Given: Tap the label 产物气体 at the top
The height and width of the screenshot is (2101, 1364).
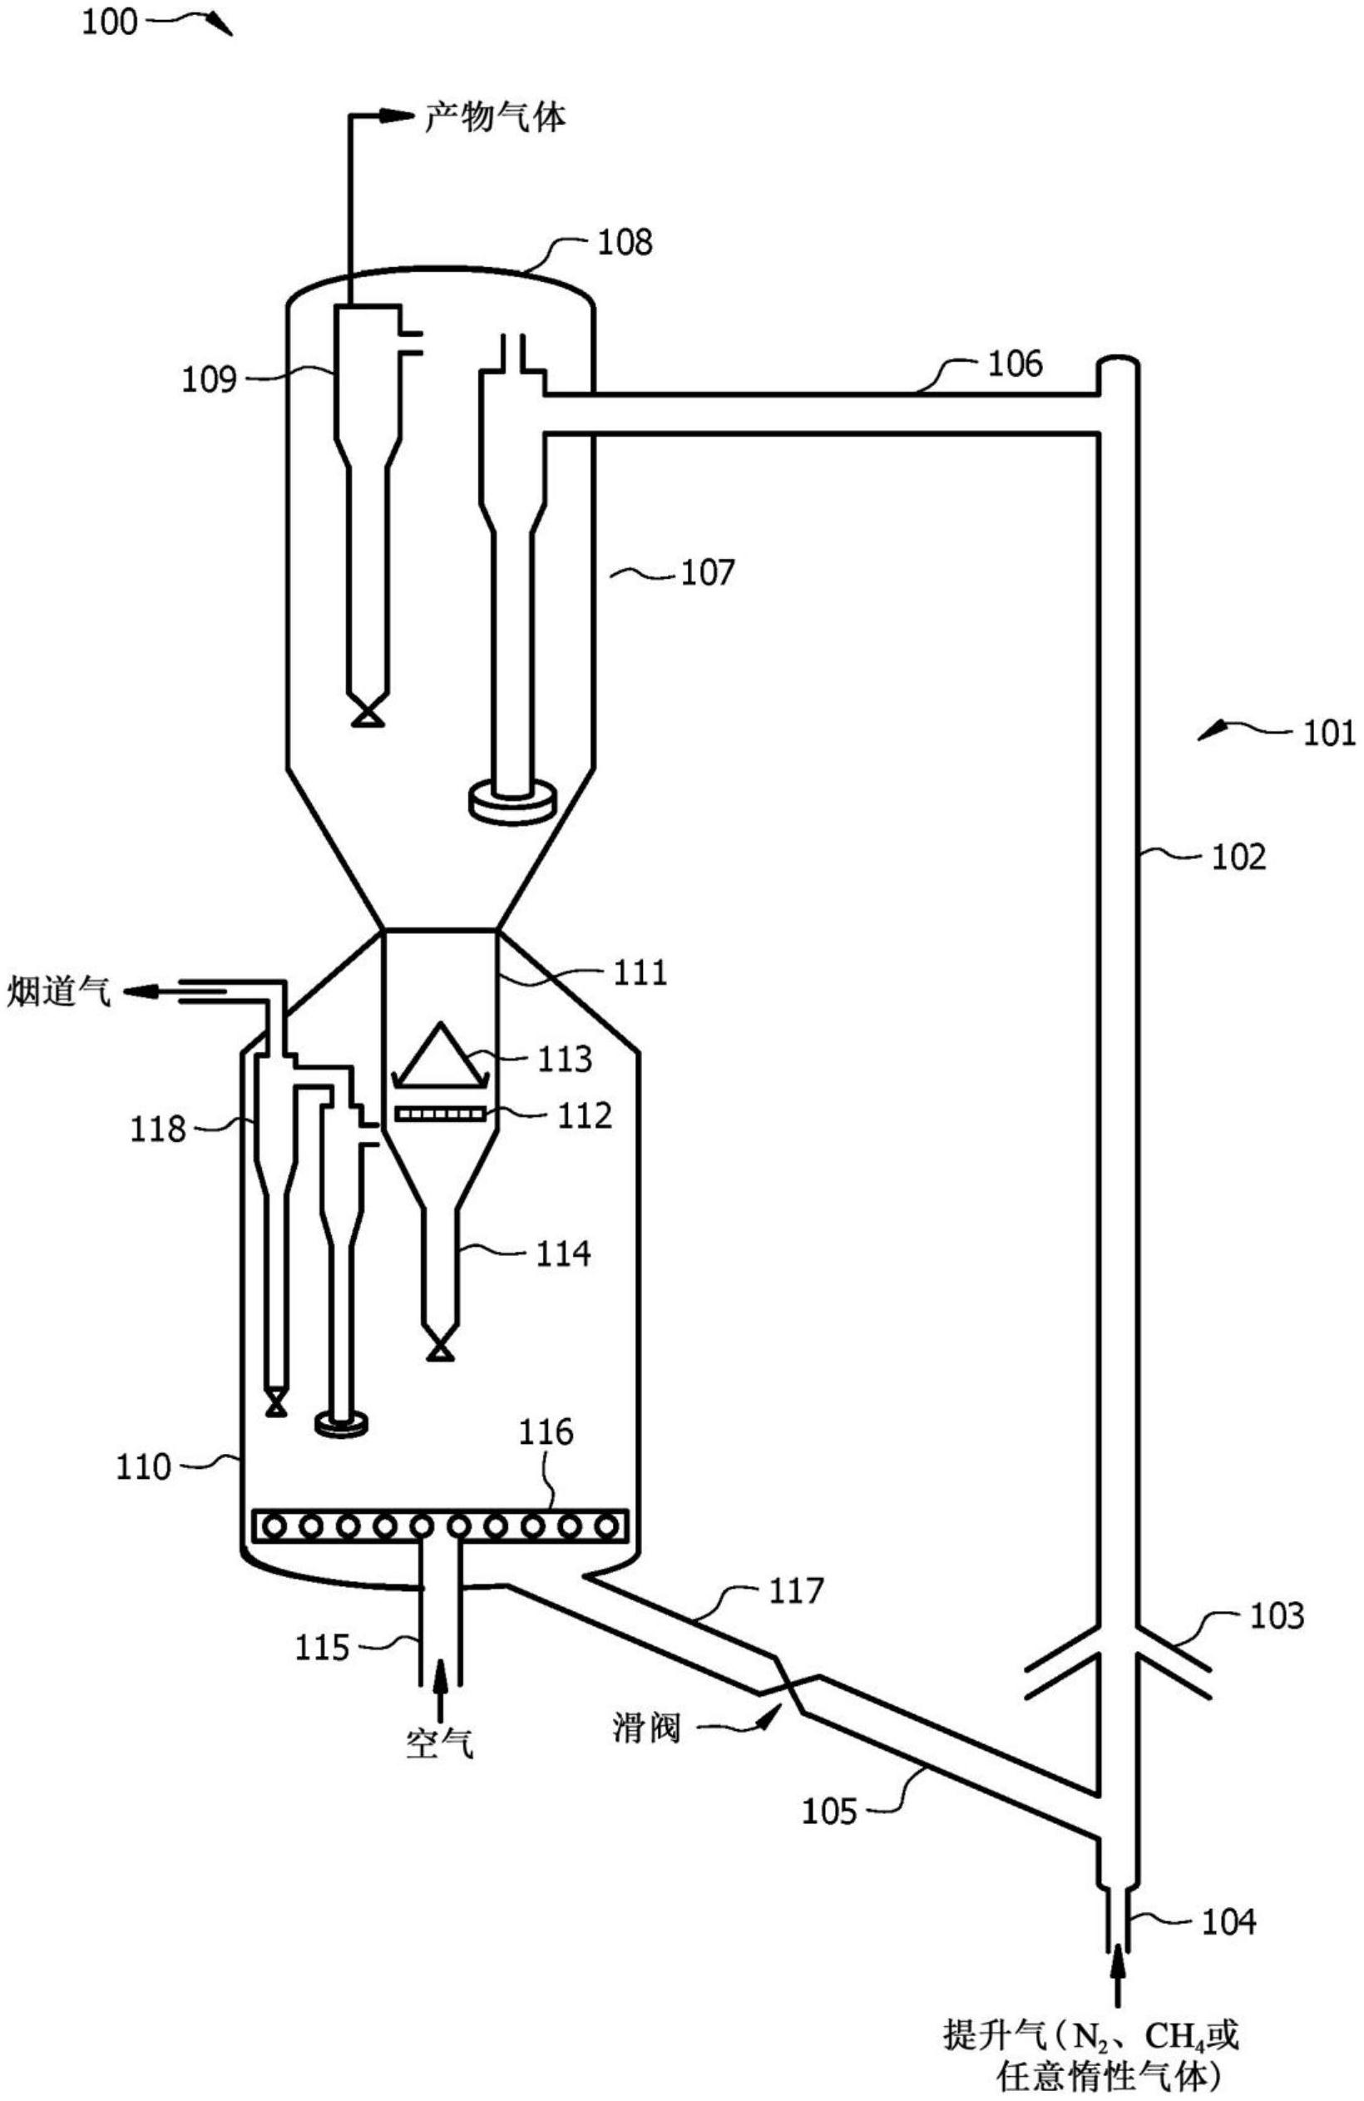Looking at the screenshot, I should click(x=494, y=116).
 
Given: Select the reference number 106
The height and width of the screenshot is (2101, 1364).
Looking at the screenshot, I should click(x=1015, y=363).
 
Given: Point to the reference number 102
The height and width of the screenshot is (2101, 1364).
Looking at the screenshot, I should click(x=1238, y=857).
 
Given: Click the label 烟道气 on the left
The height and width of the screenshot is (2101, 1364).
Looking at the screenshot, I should click(x=60, y=992).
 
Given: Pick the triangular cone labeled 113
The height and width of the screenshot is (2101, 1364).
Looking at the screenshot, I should click(x=440, y=1053).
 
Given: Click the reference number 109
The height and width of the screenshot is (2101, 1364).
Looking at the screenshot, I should click(x=210, y=379).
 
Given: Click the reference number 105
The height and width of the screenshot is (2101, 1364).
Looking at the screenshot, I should click(x=829, y=1812).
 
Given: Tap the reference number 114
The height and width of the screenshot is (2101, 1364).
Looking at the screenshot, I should click(x=563, y=1253).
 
